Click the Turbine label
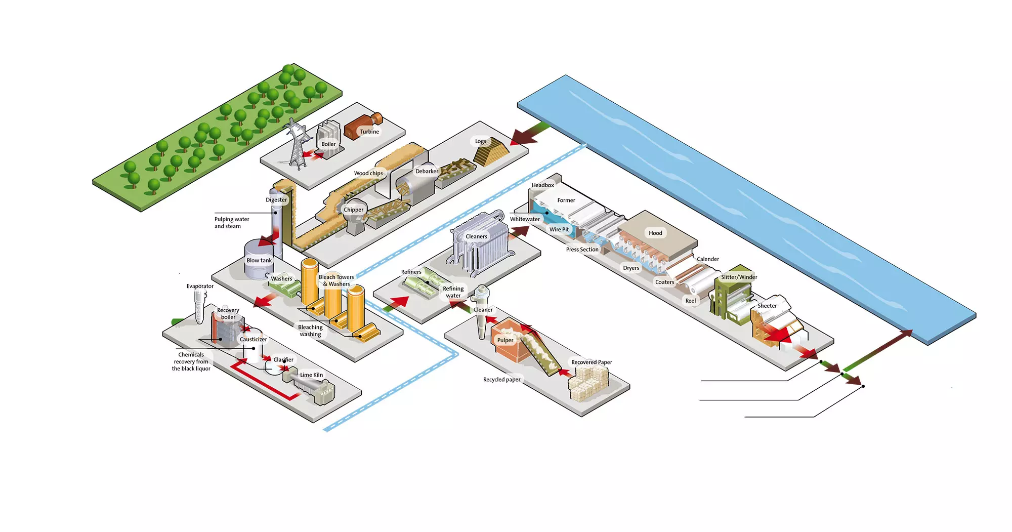point(369,132)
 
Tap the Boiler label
point(328,144)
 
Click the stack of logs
point(491,152)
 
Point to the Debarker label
point(427,171)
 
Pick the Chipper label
point(353,210)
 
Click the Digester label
point(276,200)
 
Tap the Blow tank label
point(259,261)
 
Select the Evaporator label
point(200,286)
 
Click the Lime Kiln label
point(311,375)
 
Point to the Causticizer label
point(253,339)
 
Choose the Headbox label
point(542,185)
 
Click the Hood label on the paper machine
point(655,233)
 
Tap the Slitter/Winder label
point(739,277)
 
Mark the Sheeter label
point(767,306)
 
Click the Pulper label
point(505,340)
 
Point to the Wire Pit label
point(559,229)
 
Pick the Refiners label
point(411,272)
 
